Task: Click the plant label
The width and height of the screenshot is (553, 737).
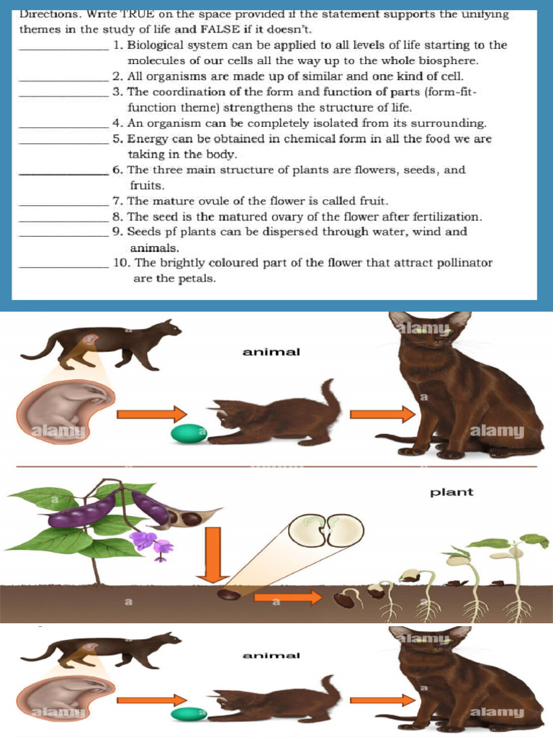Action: (451, 493)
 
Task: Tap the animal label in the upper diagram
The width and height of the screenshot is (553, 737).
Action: (271, 352)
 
